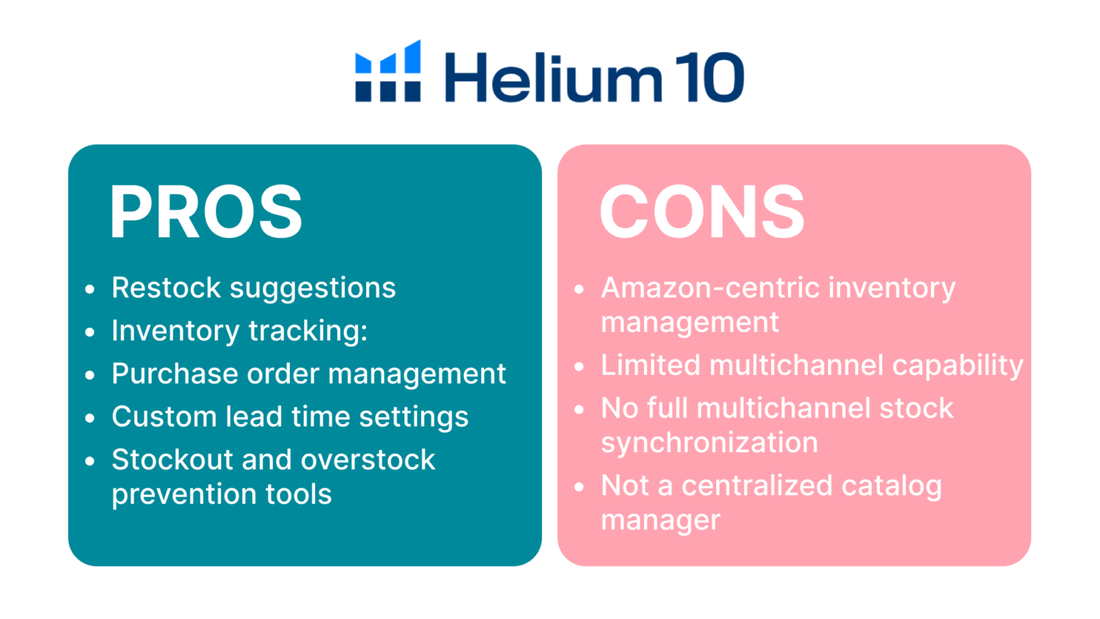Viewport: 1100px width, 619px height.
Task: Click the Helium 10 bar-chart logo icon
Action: pyautogui.click(x=388, y=71)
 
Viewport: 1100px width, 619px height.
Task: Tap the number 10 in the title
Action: pyautogui.click(x=710, y=77)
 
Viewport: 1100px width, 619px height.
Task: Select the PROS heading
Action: pyautogui.click(x=206, y=211)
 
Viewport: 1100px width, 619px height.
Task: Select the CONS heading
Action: pyautogui.click(x=703, y=211)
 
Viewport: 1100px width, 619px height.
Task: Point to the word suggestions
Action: pyautogui.click(x=313, y=289)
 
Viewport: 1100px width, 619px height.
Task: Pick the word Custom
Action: pyautogui.click(x=164, y=416)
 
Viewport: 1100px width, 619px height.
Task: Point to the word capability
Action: pyautogui.click(x=957, y=367)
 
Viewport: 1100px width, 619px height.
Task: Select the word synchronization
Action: pyautogui.click(x=710, y=443)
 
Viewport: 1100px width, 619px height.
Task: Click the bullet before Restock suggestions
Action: pyautogui.click(x=90, y=289)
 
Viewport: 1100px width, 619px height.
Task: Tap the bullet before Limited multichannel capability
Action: pyautogui.click(x=579, y=367)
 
